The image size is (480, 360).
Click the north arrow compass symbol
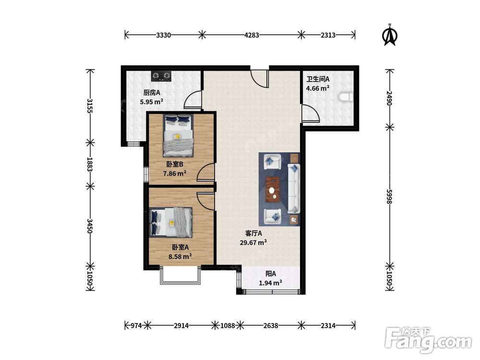[390, 35]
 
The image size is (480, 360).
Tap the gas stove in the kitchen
[161, 76]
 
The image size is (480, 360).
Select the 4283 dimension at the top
[252, 35]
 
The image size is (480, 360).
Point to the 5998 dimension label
[389, 196]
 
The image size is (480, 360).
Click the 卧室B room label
[175, 164]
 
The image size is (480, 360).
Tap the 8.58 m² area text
[180, 256]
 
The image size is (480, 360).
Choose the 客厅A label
[253, 233]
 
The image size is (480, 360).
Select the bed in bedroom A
[171, 223]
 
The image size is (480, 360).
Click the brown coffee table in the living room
[273, 190]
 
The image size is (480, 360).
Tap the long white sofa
[294, 189]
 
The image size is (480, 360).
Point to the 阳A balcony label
[271, 274]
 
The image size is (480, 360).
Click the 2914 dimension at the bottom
[181, 325]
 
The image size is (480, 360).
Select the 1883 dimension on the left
[90, 164]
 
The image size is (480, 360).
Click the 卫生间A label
[318, 79]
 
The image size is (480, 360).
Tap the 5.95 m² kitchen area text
[152, 102]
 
